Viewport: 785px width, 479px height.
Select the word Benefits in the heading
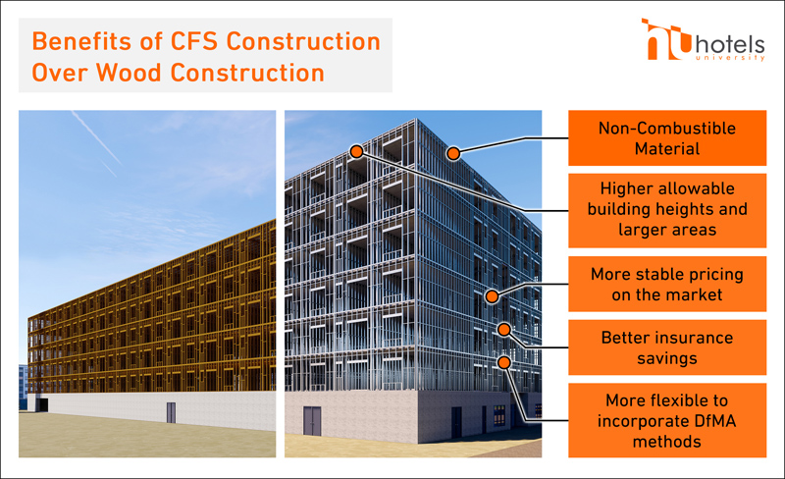[x=82, y=41]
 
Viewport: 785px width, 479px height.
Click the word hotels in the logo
[x=730, y=45]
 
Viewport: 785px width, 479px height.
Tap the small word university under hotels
[x=730, y=58]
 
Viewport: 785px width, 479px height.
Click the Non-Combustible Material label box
[x=667, y=137]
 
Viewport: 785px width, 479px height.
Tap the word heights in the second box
[x=682, y=209]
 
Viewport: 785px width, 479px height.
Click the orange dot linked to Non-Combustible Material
[x=453, y=153]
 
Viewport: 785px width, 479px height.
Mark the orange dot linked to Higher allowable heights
[x=356, y=151]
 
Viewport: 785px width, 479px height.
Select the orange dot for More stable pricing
[x=493, y=296]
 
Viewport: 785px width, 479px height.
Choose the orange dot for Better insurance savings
[x=504, y=329]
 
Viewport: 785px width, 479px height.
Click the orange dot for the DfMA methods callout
[x=504, y=362]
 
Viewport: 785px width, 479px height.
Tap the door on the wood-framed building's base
[x=171, y=412]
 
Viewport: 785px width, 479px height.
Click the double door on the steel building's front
[x=312, y=421]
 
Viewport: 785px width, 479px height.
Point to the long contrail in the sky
[x=97, y=138]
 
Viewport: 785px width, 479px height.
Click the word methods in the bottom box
[x=667, y=442]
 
